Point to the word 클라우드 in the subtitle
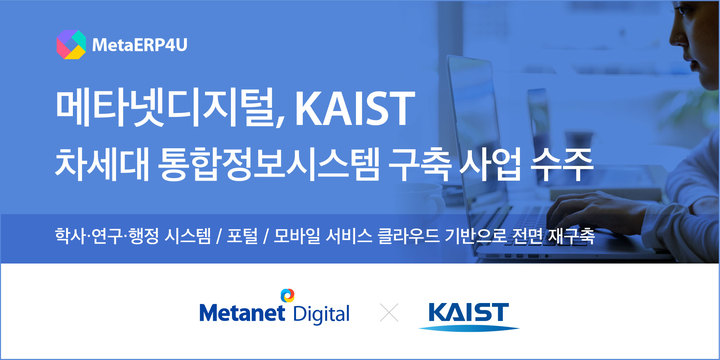[438, 238]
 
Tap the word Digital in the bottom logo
[320, 315]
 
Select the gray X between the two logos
[390, 313]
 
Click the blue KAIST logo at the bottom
[468, 314]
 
